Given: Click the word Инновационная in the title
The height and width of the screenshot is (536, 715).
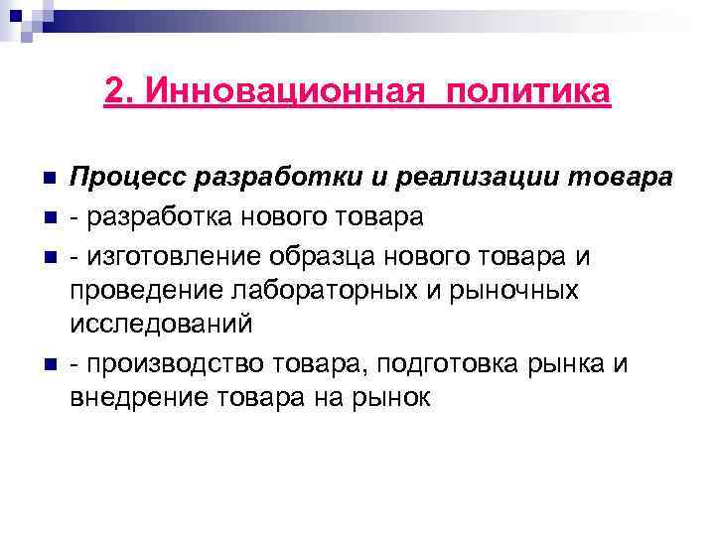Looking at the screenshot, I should tap(288, 91).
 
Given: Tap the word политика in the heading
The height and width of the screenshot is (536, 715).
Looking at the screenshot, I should tap(529, 91).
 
